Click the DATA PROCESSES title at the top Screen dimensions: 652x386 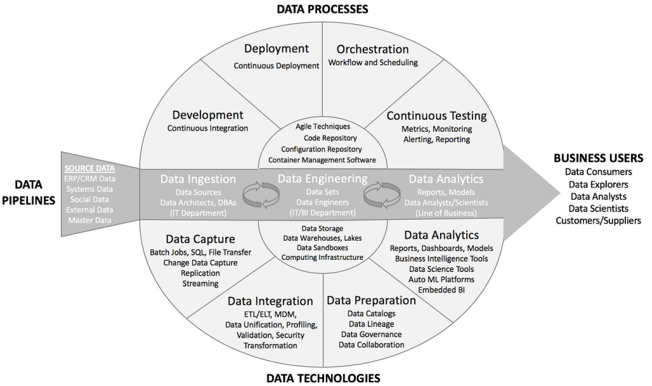(x=323, y=9)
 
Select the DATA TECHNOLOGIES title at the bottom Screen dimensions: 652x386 (x=323, y=378)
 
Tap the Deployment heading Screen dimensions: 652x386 (x=276, y=49)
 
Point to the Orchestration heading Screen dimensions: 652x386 (x=372, y=49)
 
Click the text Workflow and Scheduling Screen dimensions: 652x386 (x=373, y=62)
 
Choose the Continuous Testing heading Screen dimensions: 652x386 (x=437, y=116)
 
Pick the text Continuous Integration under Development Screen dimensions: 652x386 (x=208, y=128)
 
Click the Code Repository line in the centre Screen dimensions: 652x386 (x=330, y=138)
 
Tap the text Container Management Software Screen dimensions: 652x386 (x=322, y=160)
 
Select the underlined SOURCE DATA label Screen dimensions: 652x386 (x=89, y=168)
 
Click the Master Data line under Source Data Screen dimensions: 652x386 (x=90, y=220)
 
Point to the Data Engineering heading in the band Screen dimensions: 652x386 (x=323, y=179)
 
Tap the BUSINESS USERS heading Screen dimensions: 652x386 (x=599, y=158)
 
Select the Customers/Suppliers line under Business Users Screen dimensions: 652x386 (x=599, y=221)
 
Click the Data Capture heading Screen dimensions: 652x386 (x=201, y=239)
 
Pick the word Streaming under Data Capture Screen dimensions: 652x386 (x=201, y=283)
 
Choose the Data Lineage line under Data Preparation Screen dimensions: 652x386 (x=371, y=324)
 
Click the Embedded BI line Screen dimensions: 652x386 (x=442, y=290)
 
